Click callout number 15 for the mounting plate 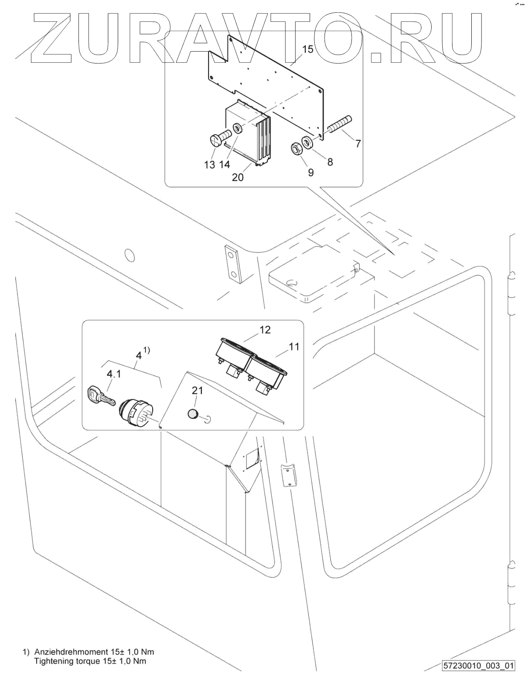click(308, 49)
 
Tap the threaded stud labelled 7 click(339, 124)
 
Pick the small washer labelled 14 click(237, 128)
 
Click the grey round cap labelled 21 click(193, 414)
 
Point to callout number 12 click(265, 330)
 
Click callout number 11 click(294, 347)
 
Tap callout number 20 click(238, 177)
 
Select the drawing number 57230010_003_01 click(478, 665)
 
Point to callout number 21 click(197, 390)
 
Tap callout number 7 click(358, 143)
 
